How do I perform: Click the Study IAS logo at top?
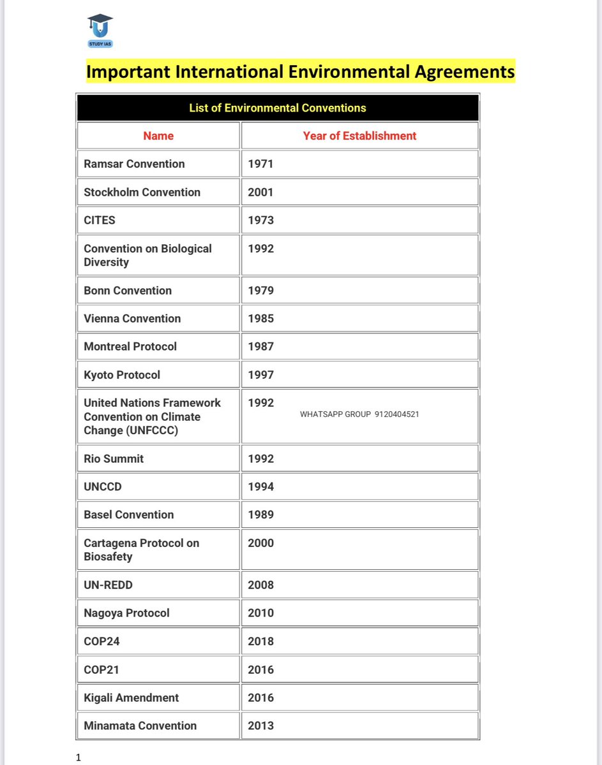tap(100, 31)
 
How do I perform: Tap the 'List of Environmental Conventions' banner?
tap(278, 108)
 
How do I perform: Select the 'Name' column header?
tap(158, 136)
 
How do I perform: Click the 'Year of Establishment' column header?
tap(359, 136)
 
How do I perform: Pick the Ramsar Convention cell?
tap(134, 164)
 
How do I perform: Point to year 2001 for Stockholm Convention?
tap(260, 192)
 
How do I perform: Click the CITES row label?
tap(100, 220)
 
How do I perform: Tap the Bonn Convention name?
tap(128, 290)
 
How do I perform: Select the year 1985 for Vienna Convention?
tap(260, 318)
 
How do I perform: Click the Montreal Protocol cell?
tap(130, 346)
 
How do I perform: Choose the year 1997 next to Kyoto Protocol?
tap(260, 375)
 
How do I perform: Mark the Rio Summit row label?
tap(114, 458)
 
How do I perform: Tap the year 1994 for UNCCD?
tap(260, 486)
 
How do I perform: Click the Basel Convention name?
tap(129, 514)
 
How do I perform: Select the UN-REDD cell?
tap(108, 585)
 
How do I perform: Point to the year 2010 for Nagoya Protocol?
tap(260, 613)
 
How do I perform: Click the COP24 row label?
tap(102, 641)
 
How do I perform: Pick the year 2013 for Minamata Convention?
tap(260, 725)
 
